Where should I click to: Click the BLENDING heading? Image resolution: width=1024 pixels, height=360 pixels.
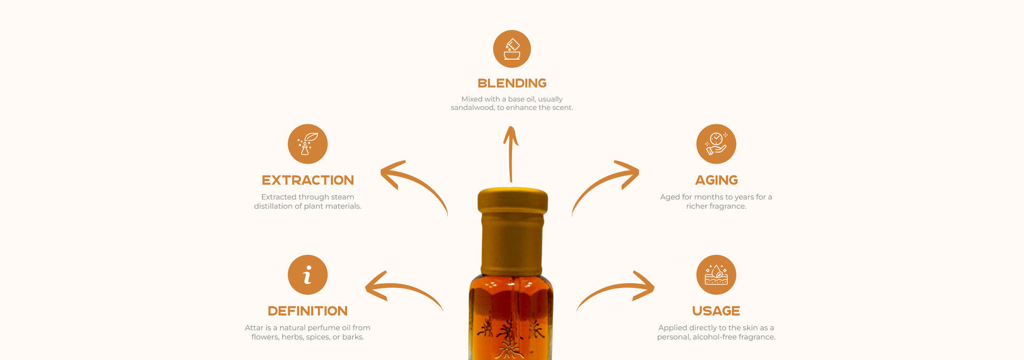coord(512,83)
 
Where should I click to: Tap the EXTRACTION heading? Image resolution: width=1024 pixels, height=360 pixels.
coord(308,180)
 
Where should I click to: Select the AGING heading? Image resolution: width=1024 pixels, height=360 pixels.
coord(716,180)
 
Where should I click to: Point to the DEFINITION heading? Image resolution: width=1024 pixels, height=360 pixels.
coord(308,311)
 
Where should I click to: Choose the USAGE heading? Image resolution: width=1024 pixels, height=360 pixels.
coord(716,311)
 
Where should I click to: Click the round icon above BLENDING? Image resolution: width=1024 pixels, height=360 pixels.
coord(512,49)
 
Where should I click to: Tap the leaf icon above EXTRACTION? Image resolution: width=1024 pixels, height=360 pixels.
coord(308,144)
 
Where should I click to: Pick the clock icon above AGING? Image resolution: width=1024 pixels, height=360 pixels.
coord(716,144)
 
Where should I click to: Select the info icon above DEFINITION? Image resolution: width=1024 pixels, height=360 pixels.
coord(308,275)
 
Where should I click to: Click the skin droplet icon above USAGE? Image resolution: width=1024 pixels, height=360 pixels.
coord(716,275)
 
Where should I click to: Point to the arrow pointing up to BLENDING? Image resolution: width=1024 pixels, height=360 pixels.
coord(510,155)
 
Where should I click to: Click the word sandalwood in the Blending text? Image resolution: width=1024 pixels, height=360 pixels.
coord(473,108)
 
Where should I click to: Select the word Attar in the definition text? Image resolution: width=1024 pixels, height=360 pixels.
coord(254,328)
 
